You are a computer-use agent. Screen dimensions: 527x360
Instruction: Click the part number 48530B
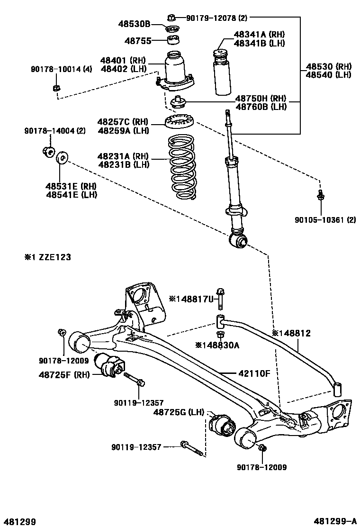click(134, 24)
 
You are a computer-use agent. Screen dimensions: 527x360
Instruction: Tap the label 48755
click(138, 41)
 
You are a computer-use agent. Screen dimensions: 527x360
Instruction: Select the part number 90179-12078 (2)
click(216, 18)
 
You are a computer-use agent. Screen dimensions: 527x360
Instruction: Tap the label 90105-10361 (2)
click(325, 219)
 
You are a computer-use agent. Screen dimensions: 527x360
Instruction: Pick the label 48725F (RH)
click(63, 374)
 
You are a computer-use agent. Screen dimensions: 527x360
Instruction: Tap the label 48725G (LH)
click(178, 413)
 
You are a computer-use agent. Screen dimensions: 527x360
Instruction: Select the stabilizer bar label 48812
click(291, 333)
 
